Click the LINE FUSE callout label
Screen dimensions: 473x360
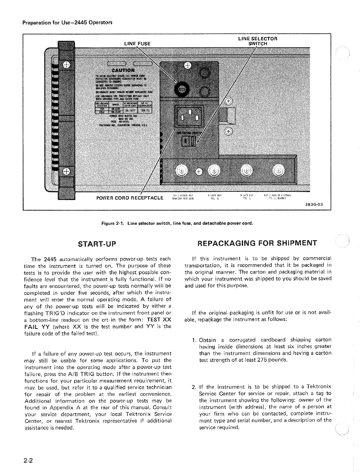(x=137, y=44)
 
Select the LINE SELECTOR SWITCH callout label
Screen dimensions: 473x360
(x=257, y=41)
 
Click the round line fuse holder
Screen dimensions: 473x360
(x=182, y=89)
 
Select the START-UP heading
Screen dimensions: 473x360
(x=97, y=244)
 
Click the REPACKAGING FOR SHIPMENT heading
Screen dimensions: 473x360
(x=257, y=243)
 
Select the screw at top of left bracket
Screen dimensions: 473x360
(x=66, y=65)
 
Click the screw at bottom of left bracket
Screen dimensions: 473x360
(x=66, y=171)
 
